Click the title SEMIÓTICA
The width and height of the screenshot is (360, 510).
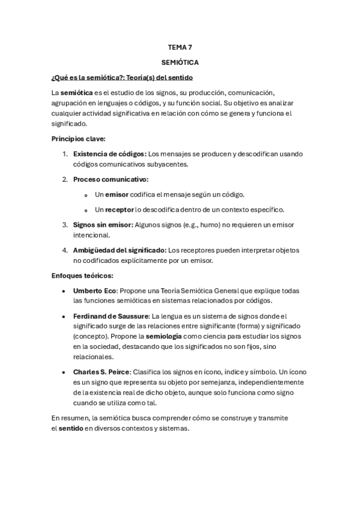coord(180,62)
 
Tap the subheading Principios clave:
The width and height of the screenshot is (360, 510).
coord(79,138)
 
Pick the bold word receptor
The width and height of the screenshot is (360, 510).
coord(119,210)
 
